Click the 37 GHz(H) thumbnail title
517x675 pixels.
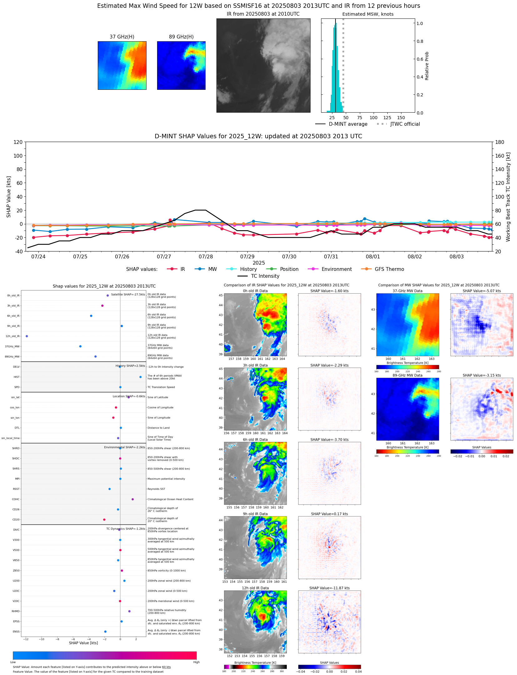click(122, 37)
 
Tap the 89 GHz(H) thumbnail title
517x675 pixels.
click(181, 37)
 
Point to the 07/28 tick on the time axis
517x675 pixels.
click(206, 256)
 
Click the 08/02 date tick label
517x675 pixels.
click(415, 256)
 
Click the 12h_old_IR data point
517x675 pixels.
click(27, 336)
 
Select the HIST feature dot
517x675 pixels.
click(141, 377)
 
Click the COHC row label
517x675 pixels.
click(16, 499)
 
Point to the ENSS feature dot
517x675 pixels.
click(105, 632)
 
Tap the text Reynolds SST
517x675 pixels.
click(156, 489)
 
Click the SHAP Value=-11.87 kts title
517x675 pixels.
click(329, 588)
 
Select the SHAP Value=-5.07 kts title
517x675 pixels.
click(481, 291)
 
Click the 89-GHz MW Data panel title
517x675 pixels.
click(407, 375)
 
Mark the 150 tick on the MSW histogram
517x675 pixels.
click(401, 118)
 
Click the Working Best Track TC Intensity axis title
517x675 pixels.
click(508, 197)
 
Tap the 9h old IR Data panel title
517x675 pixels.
click(255, 514)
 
